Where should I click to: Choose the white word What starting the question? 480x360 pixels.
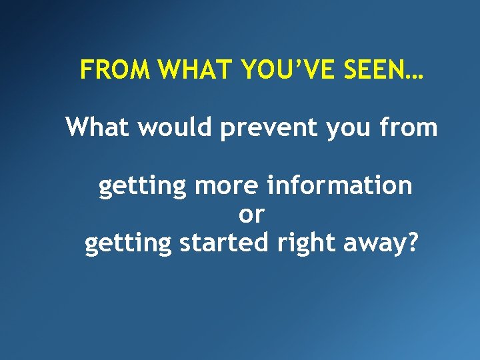pos(97,126)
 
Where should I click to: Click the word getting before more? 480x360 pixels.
pos(142,187)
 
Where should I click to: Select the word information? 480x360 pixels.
pos(339,186)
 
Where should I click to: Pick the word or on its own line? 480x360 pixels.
pos(251,215)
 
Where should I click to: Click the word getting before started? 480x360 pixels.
pos(129,244)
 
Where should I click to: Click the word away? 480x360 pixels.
pos(377,244)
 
